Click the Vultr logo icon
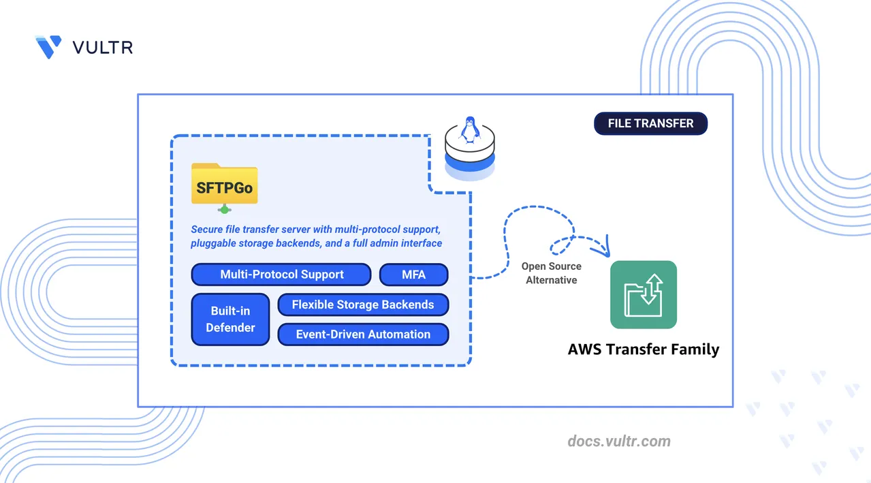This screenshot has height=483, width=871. [48, 46]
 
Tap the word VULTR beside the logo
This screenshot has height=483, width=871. [102, 47]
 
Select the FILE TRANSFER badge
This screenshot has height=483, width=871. [650, 123]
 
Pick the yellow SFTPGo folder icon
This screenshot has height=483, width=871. [224, 183]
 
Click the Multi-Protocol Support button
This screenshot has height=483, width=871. [281, 275]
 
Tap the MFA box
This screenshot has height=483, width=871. [413, 275]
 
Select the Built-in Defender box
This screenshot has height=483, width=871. [231, 320]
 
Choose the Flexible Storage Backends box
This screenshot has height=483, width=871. [363, 305]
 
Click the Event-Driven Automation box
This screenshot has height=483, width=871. [363, 334]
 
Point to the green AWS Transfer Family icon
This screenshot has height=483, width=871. [644, 294]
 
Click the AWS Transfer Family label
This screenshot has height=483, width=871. [644, 349]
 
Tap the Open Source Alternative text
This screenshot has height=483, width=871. [552, 273]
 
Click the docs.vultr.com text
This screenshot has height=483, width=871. [619, 441]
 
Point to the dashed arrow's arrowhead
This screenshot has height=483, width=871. [601, 250]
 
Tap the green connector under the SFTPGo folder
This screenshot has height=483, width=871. [224, 209]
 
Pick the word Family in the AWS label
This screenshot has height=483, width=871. [692, 349]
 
